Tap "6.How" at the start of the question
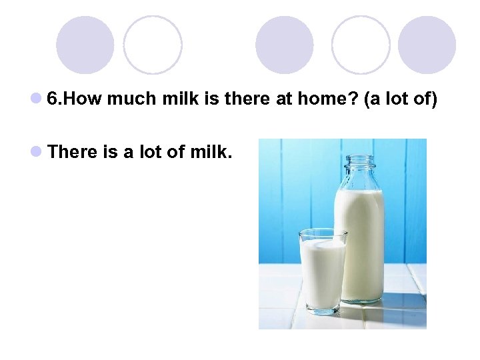tap(75, 100)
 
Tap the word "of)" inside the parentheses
tap(424, 100)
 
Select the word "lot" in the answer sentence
tap(150, 152)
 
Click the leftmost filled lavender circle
tap(85, 45)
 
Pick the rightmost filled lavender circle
tap(427, 45)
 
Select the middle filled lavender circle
tap(285, 45)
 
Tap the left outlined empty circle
tap(153, 45)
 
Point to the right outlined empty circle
tap(361, 45)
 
